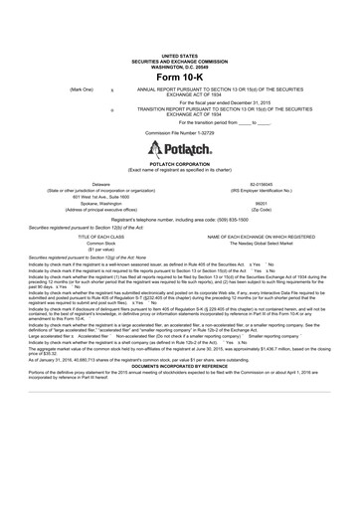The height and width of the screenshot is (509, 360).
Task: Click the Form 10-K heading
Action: (x=179, y=79)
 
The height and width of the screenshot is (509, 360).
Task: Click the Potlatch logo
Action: (x=179, y=150)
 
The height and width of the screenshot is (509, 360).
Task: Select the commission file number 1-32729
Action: (x=179, y=131)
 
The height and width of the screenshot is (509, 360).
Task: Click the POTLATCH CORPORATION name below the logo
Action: (x=179, y=165)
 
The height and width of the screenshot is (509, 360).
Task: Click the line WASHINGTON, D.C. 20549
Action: (x=179, y=68)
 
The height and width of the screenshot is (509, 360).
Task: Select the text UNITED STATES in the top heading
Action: (x=179, y=58)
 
